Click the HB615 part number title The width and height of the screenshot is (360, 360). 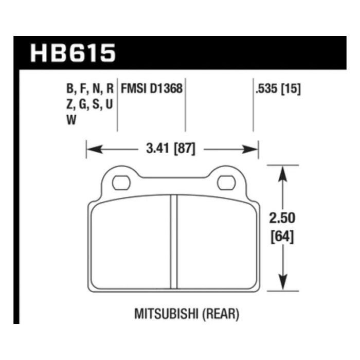[x=73, y=53]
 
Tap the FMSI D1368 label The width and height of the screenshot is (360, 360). [x=151, y=88]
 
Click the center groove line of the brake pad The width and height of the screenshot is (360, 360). [x=173, y=242]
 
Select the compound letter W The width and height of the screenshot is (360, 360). [x=71, y=121]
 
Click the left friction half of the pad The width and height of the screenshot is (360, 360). [x=131, y=242]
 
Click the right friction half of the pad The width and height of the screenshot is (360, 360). [x=216, y=242]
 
